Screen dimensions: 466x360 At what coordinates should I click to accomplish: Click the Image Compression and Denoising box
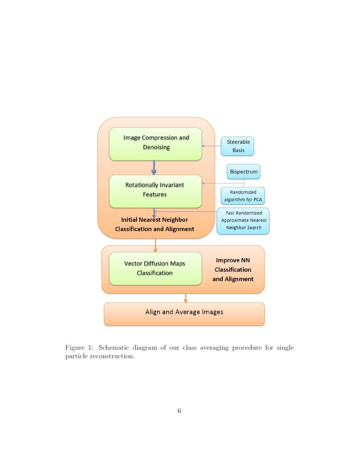pos(155,144)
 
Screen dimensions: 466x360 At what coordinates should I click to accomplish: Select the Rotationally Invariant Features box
pos(155,191)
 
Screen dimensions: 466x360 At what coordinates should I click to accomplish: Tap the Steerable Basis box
pos(238,146)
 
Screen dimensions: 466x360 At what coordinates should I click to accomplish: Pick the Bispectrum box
pos(244,172)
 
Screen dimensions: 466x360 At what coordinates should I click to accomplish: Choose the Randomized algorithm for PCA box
pos(243,196)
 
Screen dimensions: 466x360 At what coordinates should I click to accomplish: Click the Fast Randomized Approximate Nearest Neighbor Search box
pos(243,221)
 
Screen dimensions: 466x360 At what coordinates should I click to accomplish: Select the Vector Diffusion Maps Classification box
pos(155,269)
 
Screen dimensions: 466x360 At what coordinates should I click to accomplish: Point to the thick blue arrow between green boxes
pos(154,168)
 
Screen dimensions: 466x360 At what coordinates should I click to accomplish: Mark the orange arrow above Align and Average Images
pos(186,298)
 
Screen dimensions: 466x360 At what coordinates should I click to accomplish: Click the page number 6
pos(180,411)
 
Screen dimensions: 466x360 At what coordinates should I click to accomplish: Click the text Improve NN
pos(233,260)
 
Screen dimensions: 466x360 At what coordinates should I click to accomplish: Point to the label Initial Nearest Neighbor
pos(155,220)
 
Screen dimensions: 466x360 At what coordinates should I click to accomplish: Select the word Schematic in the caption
pos(114,348)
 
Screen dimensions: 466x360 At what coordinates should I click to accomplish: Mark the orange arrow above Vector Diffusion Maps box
pos(155,245)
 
